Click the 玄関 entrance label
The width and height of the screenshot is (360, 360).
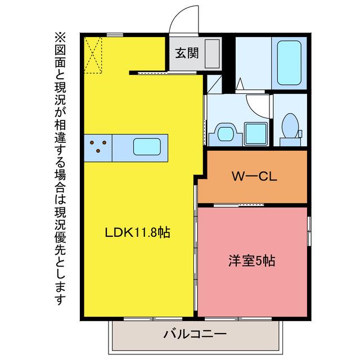point(187,53)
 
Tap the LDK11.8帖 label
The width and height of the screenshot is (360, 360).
point(137,232)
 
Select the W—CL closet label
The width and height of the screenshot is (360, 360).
point(254,177)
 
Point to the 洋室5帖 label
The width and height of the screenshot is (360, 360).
point(251,261)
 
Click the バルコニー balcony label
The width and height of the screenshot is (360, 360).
point(195,334)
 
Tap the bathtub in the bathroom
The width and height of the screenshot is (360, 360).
point(289,63)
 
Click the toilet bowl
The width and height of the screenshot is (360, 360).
point(290,125)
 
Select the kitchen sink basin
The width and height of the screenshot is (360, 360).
point(147,146)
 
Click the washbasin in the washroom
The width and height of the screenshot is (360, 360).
point(225,134)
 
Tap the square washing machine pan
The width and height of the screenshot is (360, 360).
point(256,134)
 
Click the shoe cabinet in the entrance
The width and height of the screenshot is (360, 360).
point(212,54)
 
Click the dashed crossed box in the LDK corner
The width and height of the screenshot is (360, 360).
point(93,55)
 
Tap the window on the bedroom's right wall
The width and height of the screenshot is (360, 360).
point(309,231)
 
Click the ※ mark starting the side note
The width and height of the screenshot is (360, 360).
point(60,37)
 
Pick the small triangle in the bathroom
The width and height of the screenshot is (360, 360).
point(240,83)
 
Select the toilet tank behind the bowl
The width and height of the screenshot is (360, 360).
point(290,142)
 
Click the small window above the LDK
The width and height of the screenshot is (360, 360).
point(115,35)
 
